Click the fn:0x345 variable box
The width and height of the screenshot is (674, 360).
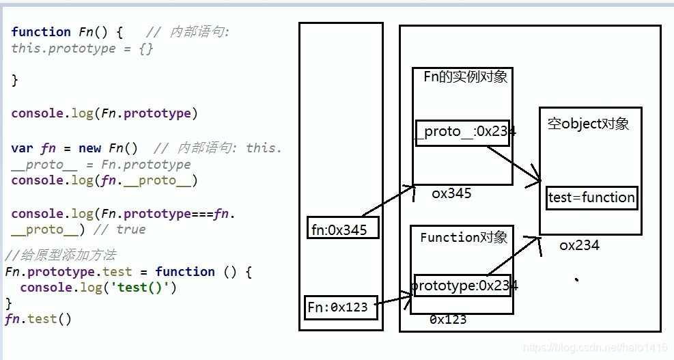[x=342, y=229]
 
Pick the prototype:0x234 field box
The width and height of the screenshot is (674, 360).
[x=462, y=286]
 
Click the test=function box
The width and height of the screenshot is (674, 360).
[x=591, y=198]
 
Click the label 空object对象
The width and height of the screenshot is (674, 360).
[x=588, y=124]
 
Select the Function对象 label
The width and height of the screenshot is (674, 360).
[x=464, y=237]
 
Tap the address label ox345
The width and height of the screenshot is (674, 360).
[x=451, y=193]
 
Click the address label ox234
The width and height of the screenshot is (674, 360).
[x=579, y=245]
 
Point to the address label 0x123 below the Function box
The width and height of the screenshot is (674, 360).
[x=448, y=319]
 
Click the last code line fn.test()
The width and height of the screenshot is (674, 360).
[x=38, y=318]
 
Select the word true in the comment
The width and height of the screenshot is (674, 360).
[x=131, y=230]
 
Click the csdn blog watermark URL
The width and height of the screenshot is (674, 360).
[x=595, y=348]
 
